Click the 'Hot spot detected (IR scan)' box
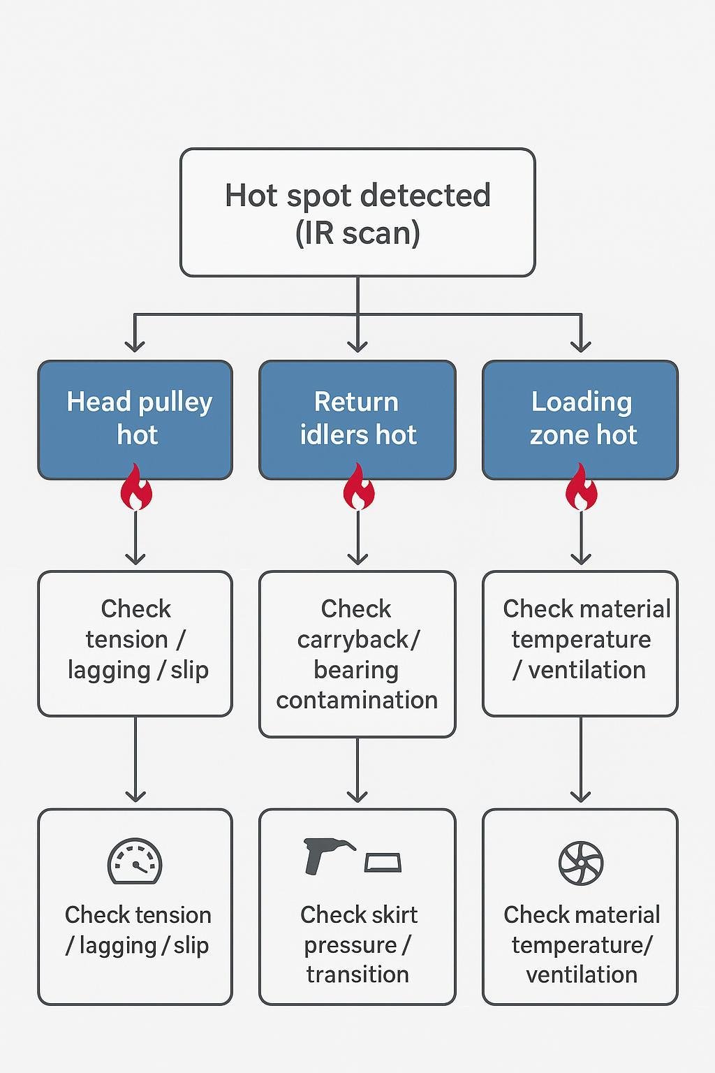coord(357,212)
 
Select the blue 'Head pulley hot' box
coord(135,419)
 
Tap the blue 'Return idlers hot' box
coord(357,419)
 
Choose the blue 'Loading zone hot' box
coord(580,419)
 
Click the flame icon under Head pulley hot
coord(136,488)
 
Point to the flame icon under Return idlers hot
coord(358,488)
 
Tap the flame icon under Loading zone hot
coord(581,488)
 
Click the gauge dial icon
coord(135,862)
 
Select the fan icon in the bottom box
coord(581,863)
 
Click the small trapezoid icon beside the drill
coord(383,863)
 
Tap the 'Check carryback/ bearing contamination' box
coord(357,654)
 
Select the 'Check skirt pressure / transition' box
coord(357,907)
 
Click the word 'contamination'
coord(357,700)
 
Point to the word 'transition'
coord(357,975)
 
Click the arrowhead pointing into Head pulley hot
coord(135,346)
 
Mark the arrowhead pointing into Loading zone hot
coord(581,346)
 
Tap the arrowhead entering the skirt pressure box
coord(357,796)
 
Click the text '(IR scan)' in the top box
coord(357,233)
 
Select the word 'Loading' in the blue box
coord(582,402)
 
